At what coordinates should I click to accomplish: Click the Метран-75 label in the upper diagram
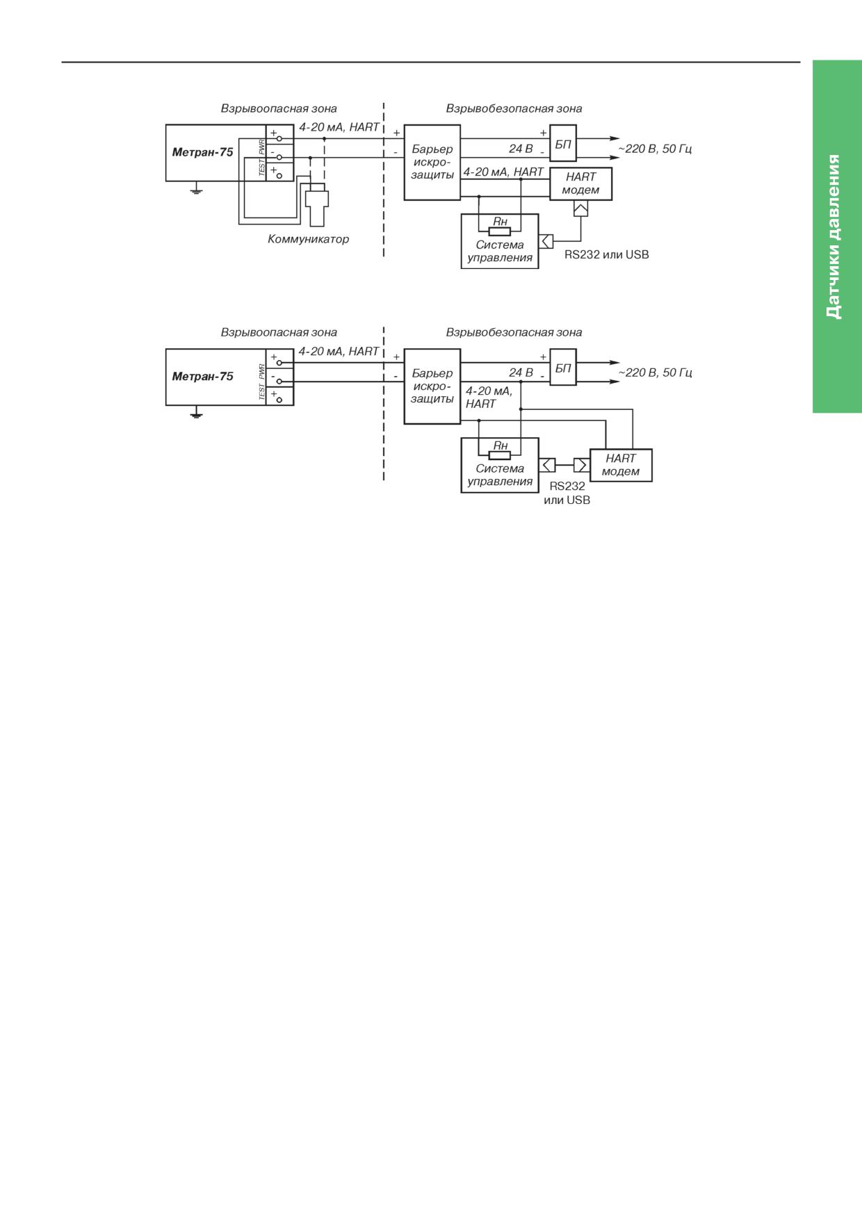pyautogui.click(x=202, y=152)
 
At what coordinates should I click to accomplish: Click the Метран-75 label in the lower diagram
pyautogui.click(x=202, y=377)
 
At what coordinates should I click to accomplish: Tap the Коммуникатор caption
pyautogui.click(x=309, y=239)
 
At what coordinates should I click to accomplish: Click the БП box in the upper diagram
pyautogui.click(x=563, y=145)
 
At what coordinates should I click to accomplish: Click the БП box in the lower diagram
pyautogui.click(x=563, y=368)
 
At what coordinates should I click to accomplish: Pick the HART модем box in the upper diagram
pyautogui.click(x=581, y=183)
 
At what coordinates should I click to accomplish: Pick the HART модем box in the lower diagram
pyautogui.click(x=621, y=465)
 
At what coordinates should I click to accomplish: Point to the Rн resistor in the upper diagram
pyautogui.click(x=500, y=231)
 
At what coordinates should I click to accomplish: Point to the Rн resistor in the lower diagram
pyautogui.click(x=500, y=455)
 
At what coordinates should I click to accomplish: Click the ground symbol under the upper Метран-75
pyautogui.click(x=197, y=188)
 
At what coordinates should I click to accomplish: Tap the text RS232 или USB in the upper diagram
pyautogui.click(x=606, y=255)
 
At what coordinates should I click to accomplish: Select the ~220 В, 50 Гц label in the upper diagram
pyautogui.click(x=655, y=149)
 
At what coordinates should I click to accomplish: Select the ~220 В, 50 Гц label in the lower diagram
pyautogui.click(x=655, y=373)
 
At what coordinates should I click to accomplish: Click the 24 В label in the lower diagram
pyautogui.click(x=521, y=373)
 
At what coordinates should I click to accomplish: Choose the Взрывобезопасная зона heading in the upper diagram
pyautogui.click(x=514, y=108)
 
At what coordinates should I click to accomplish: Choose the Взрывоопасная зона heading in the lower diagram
pyautogui.click(x=279, y=332)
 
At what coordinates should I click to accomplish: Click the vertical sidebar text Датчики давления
pyautogui.click(x=834, y=236)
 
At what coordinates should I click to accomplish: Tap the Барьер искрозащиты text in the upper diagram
pyautogui.click(x=432, y=162)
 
